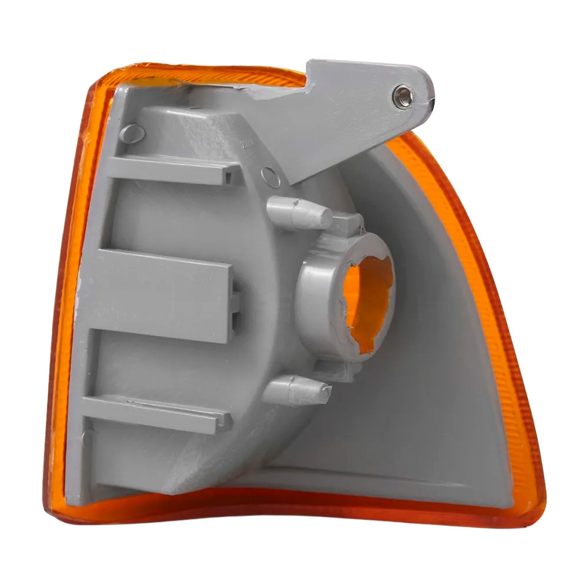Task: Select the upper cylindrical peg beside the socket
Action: point(299,212)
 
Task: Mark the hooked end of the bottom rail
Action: point(223,421)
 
